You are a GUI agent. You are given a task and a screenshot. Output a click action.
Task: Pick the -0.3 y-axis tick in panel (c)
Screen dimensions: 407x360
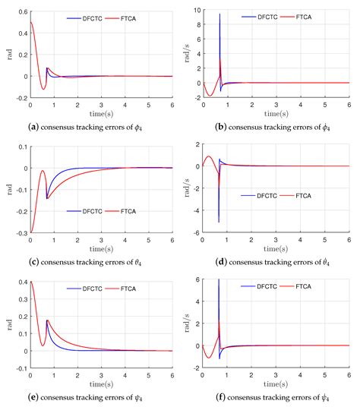20,232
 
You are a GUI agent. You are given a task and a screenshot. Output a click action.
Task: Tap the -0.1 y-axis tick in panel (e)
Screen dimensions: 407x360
20,366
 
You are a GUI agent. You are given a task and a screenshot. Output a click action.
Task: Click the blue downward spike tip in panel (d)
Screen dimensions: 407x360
219,221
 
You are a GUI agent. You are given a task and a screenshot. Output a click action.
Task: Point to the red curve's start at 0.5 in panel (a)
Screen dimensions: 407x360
30,23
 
